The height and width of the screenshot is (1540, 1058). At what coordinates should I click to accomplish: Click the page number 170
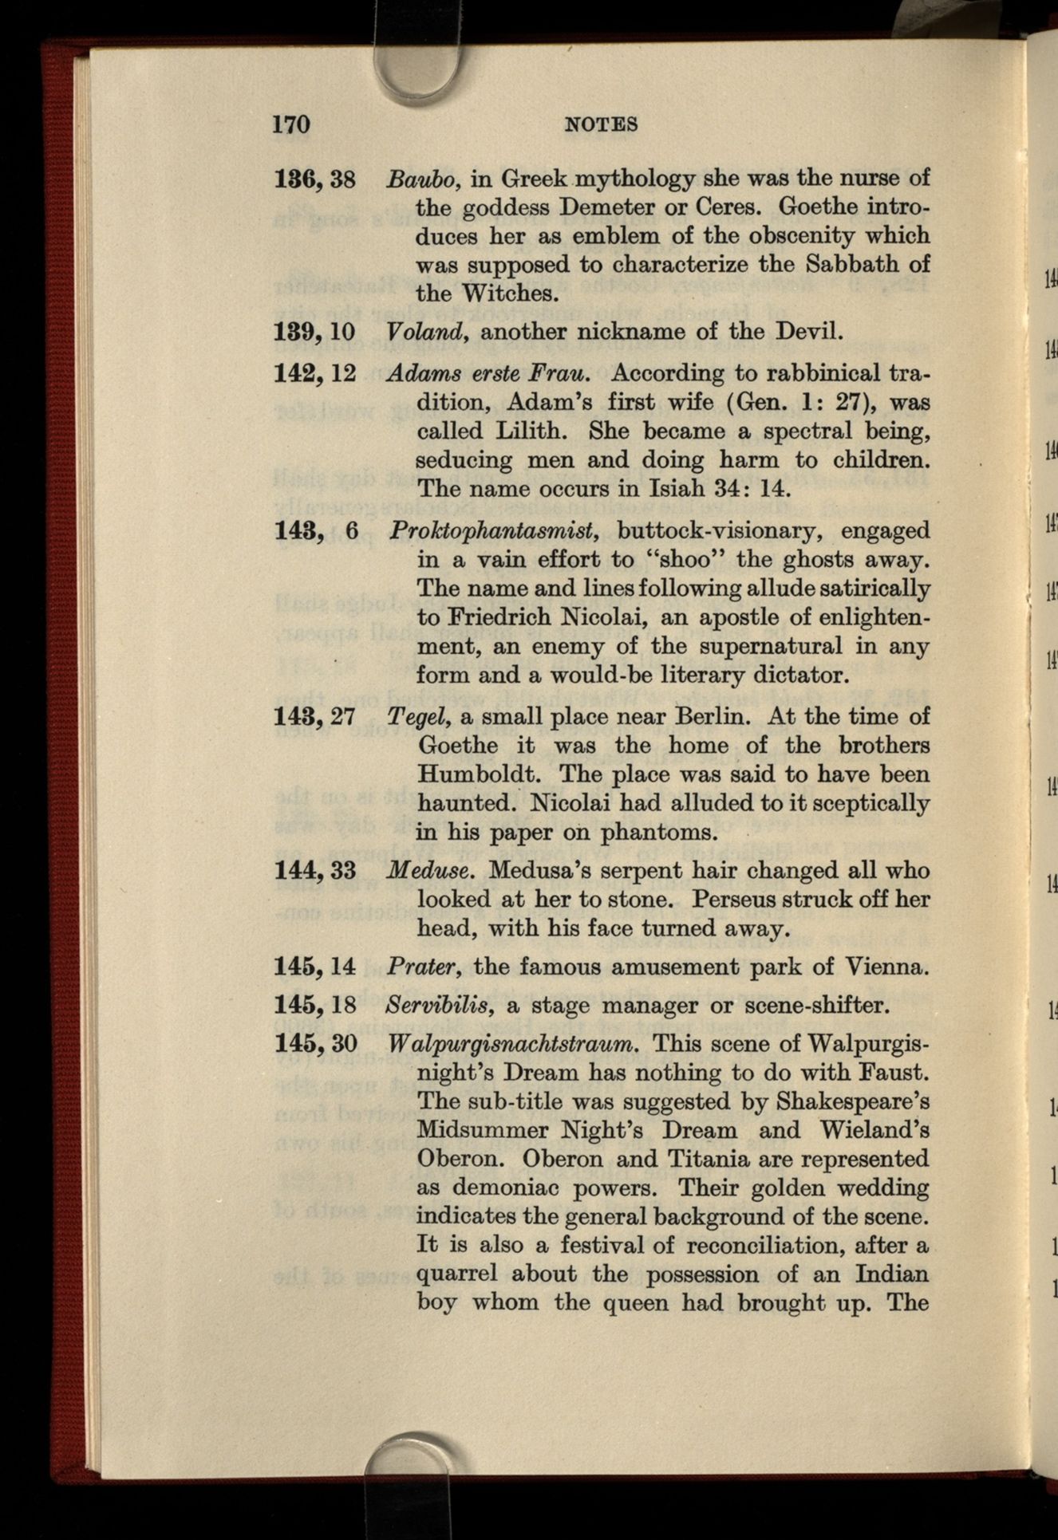click(x=290, y=124)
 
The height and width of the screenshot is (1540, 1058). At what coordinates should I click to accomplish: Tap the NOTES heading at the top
click(x=601, y=124)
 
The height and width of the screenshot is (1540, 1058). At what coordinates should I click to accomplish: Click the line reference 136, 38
click(x=314, y=178)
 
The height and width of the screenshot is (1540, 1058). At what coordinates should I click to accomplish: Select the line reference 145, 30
click(x=314, y=1043)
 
